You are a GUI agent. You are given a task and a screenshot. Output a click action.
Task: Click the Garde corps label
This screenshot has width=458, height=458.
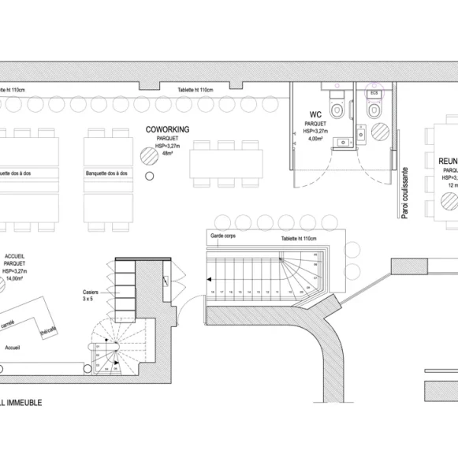224,236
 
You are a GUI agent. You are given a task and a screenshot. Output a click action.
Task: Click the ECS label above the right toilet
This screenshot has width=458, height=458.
374,93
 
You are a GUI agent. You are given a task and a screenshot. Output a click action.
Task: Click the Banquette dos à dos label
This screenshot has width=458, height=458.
108,173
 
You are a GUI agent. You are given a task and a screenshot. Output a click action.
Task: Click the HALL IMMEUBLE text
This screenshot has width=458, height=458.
21,402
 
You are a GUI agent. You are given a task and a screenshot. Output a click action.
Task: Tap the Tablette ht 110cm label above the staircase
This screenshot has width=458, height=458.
298,238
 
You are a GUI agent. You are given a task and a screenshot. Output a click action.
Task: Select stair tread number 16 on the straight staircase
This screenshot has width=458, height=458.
213,292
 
